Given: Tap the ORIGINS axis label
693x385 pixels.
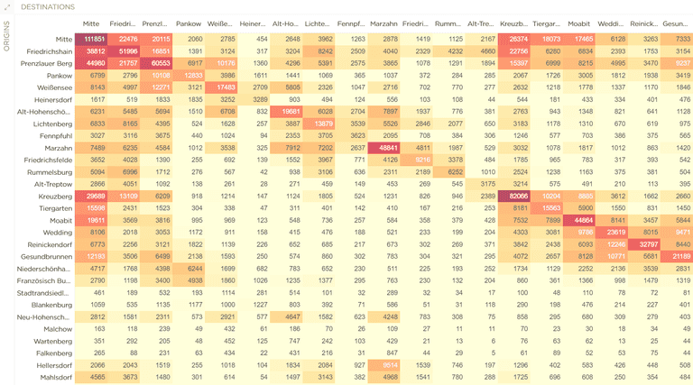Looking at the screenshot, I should click(6, 38).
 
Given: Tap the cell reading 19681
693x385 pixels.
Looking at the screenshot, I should click(291, 111).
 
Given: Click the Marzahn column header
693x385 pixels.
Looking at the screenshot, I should click(384, 23).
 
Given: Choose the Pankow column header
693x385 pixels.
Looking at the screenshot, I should click(189, 23).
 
